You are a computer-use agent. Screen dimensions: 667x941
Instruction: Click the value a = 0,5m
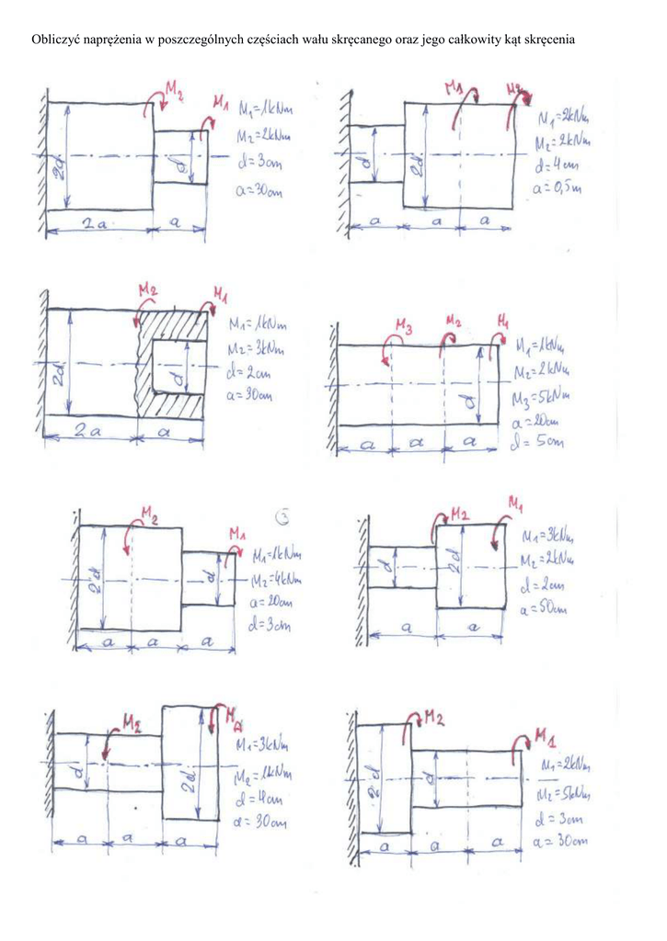(555, 189)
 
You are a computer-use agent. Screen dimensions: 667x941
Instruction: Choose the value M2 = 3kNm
(255, 349)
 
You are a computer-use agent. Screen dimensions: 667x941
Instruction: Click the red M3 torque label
(402, 326)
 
